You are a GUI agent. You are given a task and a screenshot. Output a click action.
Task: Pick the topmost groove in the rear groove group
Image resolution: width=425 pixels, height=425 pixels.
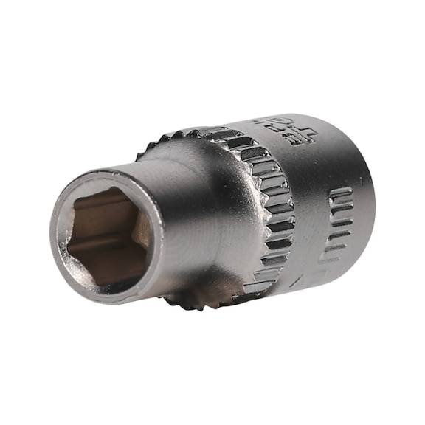pyautogui.click(x=341, y=193)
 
